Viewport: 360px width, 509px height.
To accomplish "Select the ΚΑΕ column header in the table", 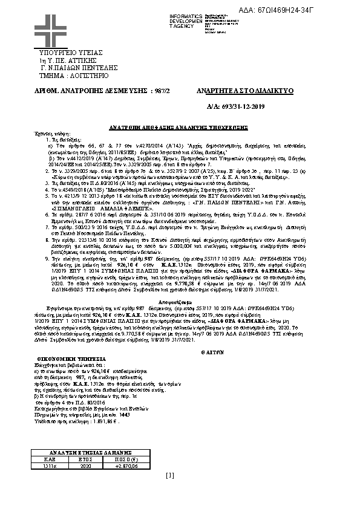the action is pos(42,459).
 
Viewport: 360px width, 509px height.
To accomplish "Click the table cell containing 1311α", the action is pos(42,466).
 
